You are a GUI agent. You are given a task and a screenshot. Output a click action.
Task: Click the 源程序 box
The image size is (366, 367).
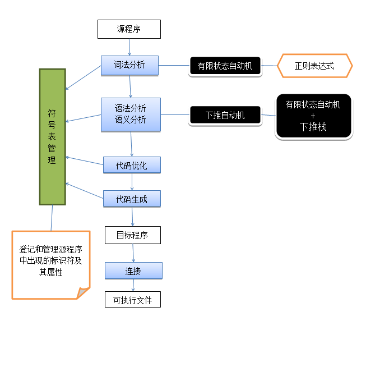pos(129,29)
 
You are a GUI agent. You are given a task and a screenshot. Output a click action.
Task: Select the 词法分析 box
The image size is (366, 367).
pos(129,65)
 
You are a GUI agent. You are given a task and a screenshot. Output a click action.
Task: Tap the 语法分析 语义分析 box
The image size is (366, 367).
pos(131,114)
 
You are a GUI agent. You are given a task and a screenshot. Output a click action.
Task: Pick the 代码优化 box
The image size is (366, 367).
pos(132,165)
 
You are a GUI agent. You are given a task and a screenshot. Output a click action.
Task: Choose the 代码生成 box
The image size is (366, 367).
pos(132,199)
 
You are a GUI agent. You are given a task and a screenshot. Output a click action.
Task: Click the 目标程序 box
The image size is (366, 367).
pos(132,235)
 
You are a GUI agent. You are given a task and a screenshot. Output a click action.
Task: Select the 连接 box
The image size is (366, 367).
pos(133,271)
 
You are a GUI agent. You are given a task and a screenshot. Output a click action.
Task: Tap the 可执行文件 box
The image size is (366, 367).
pos(132,300)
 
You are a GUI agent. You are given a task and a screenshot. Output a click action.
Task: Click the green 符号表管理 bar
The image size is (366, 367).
pos(52,136)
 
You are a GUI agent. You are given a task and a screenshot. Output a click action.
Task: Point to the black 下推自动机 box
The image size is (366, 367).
pos(225,116)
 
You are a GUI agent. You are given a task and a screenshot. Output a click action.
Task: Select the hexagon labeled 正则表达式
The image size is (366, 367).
pos(314,66)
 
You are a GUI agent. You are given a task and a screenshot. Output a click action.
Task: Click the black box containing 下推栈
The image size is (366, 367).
pos(313,116)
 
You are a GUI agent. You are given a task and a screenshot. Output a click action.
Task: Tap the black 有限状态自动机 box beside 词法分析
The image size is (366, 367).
pos(225,66)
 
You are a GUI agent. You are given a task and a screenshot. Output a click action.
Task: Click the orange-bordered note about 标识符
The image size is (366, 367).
pos(50,264)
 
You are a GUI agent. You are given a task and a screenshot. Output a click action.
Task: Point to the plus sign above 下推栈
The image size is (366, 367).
pos(313,116)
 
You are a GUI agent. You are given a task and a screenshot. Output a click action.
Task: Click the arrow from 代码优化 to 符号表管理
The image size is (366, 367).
pos(84,161)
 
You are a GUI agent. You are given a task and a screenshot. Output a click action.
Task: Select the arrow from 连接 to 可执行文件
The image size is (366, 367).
pos(133,286)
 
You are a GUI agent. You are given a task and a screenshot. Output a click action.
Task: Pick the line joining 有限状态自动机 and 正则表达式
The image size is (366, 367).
pos(270,66)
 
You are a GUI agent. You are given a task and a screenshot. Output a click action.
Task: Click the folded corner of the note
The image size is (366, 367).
pos(84,293)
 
